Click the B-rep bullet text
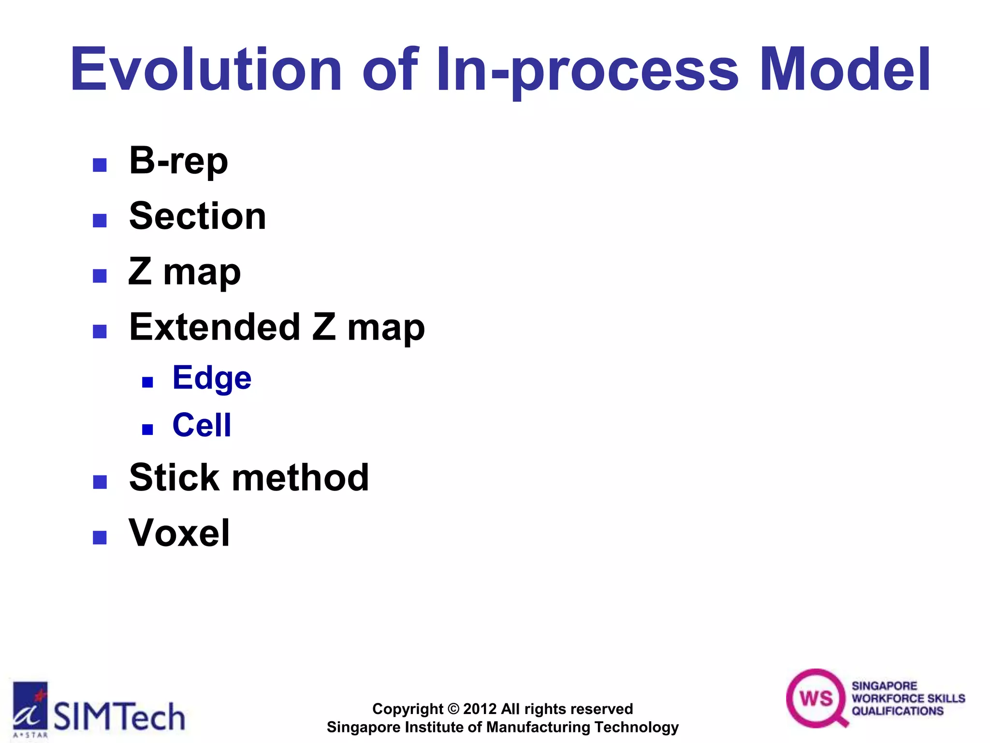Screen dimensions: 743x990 (x=178, y=161)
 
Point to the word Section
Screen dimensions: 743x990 (x=198, y=216)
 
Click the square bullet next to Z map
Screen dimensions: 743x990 (x=100, y=276)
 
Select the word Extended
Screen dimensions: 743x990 (x=215, y=327)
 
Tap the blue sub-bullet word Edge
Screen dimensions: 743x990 (x=212, y=378)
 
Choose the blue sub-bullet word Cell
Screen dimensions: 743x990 (x=202, y=425)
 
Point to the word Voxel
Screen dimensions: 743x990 (x=179, y=533)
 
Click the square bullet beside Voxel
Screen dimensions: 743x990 (x=100, y=537)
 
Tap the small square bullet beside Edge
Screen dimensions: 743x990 (x=147, y=383)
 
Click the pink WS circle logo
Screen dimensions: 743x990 (x=816, y=698)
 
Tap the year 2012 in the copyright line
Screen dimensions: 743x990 (x=480, y=709)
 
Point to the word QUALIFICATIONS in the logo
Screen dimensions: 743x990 (x=897, y=711)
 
